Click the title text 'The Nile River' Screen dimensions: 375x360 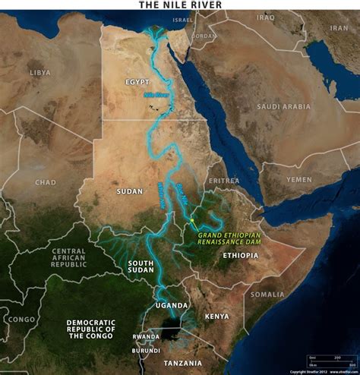180,5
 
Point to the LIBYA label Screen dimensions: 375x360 39,72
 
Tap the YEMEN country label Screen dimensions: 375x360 298,179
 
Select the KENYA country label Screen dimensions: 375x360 216,314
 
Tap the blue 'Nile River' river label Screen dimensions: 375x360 156,96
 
